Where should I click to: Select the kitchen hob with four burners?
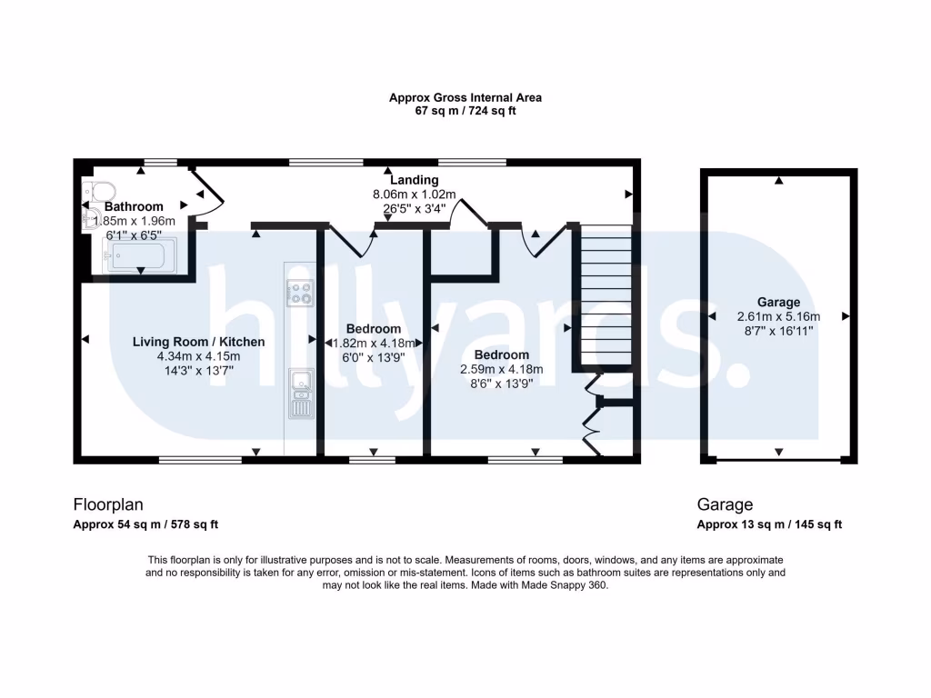click(299, 292)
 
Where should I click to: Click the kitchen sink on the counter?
click(299, 383)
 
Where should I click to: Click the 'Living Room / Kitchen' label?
click(199, 342)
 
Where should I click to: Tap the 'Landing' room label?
click(414, 180)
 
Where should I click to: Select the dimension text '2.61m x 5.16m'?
click(778, 317)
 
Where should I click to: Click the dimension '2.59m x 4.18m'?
click(501, 369)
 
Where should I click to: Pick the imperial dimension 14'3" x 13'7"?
click(198, 371)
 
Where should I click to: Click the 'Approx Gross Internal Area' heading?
click(465, 97)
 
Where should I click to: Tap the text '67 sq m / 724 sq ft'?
click(465, 111)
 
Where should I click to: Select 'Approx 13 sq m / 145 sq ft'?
click(769, 524)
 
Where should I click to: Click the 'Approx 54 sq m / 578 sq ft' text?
click(145, 524)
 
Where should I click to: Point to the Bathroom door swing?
click(207, 188)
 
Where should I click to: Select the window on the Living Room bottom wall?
click(200, 460)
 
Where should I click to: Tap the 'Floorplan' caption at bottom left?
click(107, 504)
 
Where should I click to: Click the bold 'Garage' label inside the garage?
click(778, 303)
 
